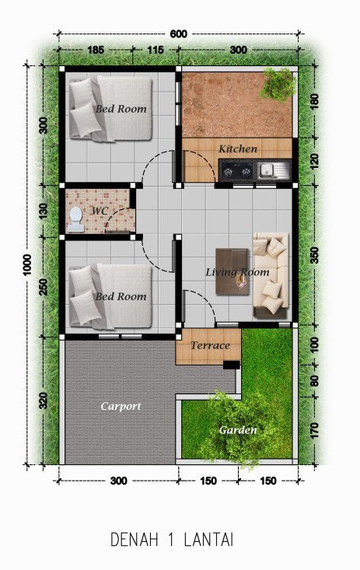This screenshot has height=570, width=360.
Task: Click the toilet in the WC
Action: (x=75, y=219)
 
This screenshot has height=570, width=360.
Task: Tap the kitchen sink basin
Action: (x=267, y=169)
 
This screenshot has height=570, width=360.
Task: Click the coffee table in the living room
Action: (x=232, y=271)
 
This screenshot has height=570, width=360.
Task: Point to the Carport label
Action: (x=121, y=406)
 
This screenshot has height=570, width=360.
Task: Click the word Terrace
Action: (x=210, y=345)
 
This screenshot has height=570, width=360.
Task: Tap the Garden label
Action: (x=238, y=430)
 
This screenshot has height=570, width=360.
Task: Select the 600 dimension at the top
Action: (x=178, y=33)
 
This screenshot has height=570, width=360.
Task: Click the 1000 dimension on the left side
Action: (x=27, y=265)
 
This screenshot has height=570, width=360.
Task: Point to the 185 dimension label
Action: (x=96, y=50)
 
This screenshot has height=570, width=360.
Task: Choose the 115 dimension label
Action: (x=156, y=50)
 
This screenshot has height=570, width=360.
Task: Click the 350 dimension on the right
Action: (x=315, y=255)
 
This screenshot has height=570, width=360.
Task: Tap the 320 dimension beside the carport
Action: (x=44, y=400)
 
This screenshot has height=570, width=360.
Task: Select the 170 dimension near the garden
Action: (x=315, y=430)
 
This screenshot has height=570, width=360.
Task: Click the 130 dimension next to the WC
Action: (x=44, y=212)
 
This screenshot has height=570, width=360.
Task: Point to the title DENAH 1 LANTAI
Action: (x=172, y=540)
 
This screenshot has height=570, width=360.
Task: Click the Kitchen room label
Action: (x=238, y=149)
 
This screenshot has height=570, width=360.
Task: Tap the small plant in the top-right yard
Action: (x=278, y=84)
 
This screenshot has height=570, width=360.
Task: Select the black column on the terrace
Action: (x=231, y=365)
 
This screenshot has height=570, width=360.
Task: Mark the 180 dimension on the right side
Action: (x=315, y=101)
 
